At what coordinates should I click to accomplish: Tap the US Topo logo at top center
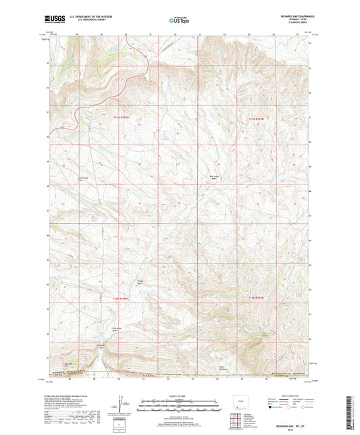(x=180, y=20)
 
